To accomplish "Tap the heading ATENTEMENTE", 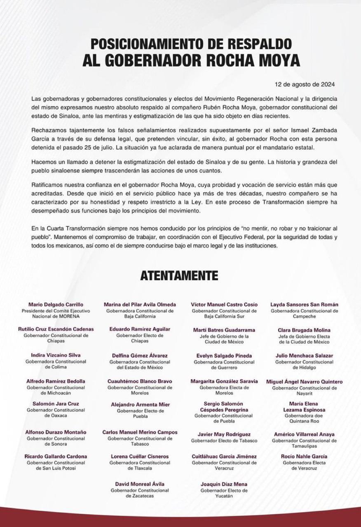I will click(x=179, y=275).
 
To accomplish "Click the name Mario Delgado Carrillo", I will click(x=56, y=305).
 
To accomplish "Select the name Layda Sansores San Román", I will click(x=304, y=305).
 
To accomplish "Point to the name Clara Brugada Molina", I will click(x=304, y=330).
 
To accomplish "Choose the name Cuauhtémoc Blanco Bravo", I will click(x=140, y=381).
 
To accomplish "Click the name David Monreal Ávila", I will click(x=140, y=484).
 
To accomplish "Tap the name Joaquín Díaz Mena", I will click(x=224, y=484).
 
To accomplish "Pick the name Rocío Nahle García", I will click(x=304, y=457).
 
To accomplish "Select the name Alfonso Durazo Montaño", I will click(x=56, y=432).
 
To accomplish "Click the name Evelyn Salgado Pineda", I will click(x=224, y=356).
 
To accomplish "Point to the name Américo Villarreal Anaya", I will click(x=304, y=434).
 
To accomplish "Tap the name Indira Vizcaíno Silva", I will click(x=56, y=355).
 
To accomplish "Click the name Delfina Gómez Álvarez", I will click(x=140, y=356).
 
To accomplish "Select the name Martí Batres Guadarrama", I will click(x=224, y=330).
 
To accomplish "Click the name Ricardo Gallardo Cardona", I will click(x=56, y=457).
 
